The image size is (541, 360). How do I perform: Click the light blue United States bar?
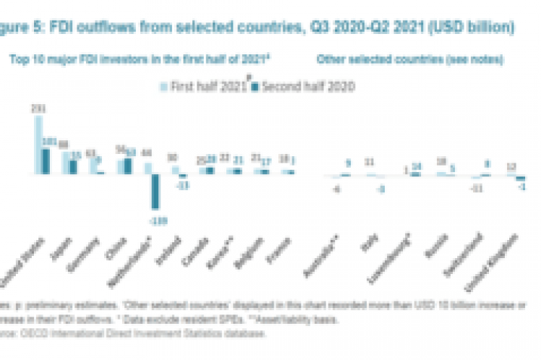coord(39,145)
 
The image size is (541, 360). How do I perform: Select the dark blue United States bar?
coord(46,160)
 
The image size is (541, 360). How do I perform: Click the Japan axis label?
coord(66,248)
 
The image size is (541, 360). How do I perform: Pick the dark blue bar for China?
coord(127,166)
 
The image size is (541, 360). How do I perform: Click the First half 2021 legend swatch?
coord(162,86)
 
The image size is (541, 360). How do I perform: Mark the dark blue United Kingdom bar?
coord(520,178)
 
